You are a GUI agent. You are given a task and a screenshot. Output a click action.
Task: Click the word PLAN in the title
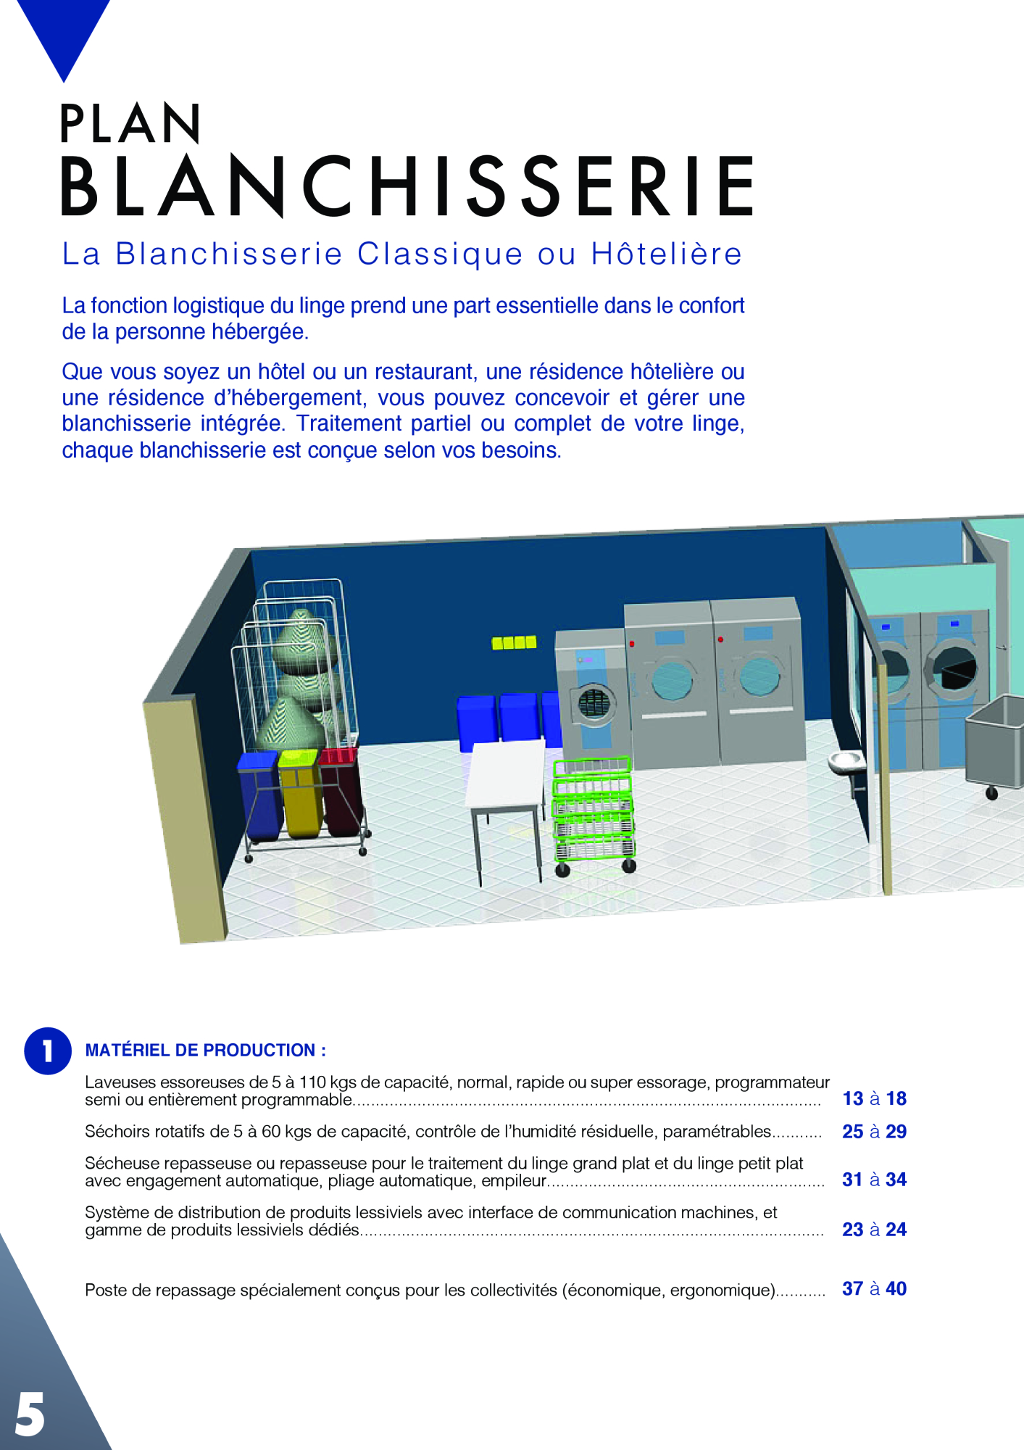(130, 124)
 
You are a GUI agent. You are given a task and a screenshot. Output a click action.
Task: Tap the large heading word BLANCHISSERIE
(407, 186)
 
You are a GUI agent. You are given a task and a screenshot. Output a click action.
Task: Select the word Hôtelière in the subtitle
(667, 254)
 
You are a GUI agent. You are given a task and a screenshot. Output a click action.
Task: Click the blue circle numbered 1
(48, 1051)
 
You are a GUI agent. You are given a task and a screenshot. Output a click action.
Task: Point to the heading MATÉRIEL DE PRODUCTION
(205, 1051)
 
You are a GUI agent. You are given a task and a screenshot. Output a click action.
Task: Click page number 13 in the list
(853, 1098)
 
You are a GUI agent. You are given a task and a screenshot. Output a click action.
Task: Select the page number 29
(896, 1132)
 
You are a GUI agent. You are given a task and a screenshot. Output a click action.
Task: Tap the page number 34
(896, 1180)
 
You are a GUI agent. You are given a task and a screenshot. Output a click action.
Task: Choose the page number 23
(853, 1230)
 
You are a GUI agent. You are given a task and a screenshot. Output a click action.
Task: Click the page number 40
(896, 1289)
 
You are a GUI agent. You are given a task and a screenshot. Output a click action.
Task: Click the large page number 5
(30, 1414)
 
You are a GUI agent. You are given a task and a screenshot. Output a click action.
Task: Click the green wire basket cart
(594, 812)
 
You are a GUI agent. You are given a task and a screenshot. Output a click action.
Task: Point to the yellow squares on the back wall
(514, 642)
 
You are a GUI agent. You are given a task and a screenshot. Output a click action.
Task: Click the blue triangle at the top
(64, 33)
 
